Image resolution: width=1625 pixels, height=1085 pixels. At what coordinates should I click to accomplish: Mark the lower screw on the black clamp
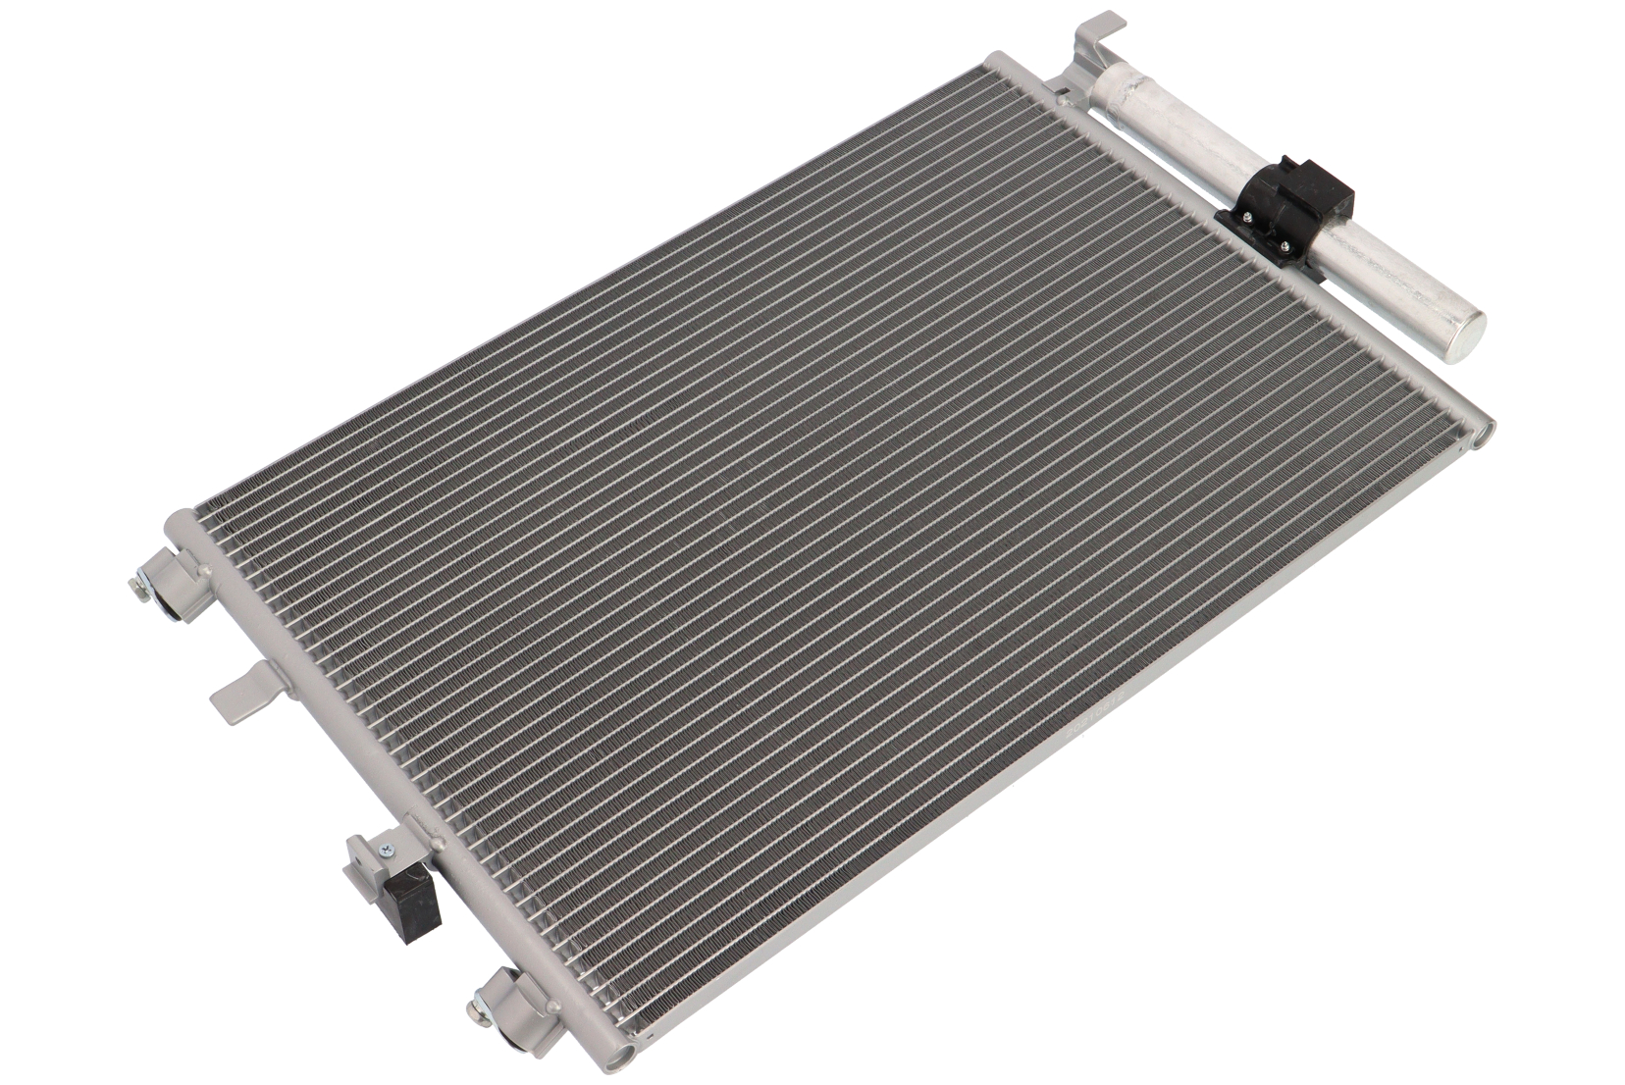pos(1283,246)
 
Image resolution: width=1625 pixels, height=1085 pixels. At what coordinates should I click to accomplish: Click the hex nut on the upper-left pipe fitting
pos(137,587)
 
